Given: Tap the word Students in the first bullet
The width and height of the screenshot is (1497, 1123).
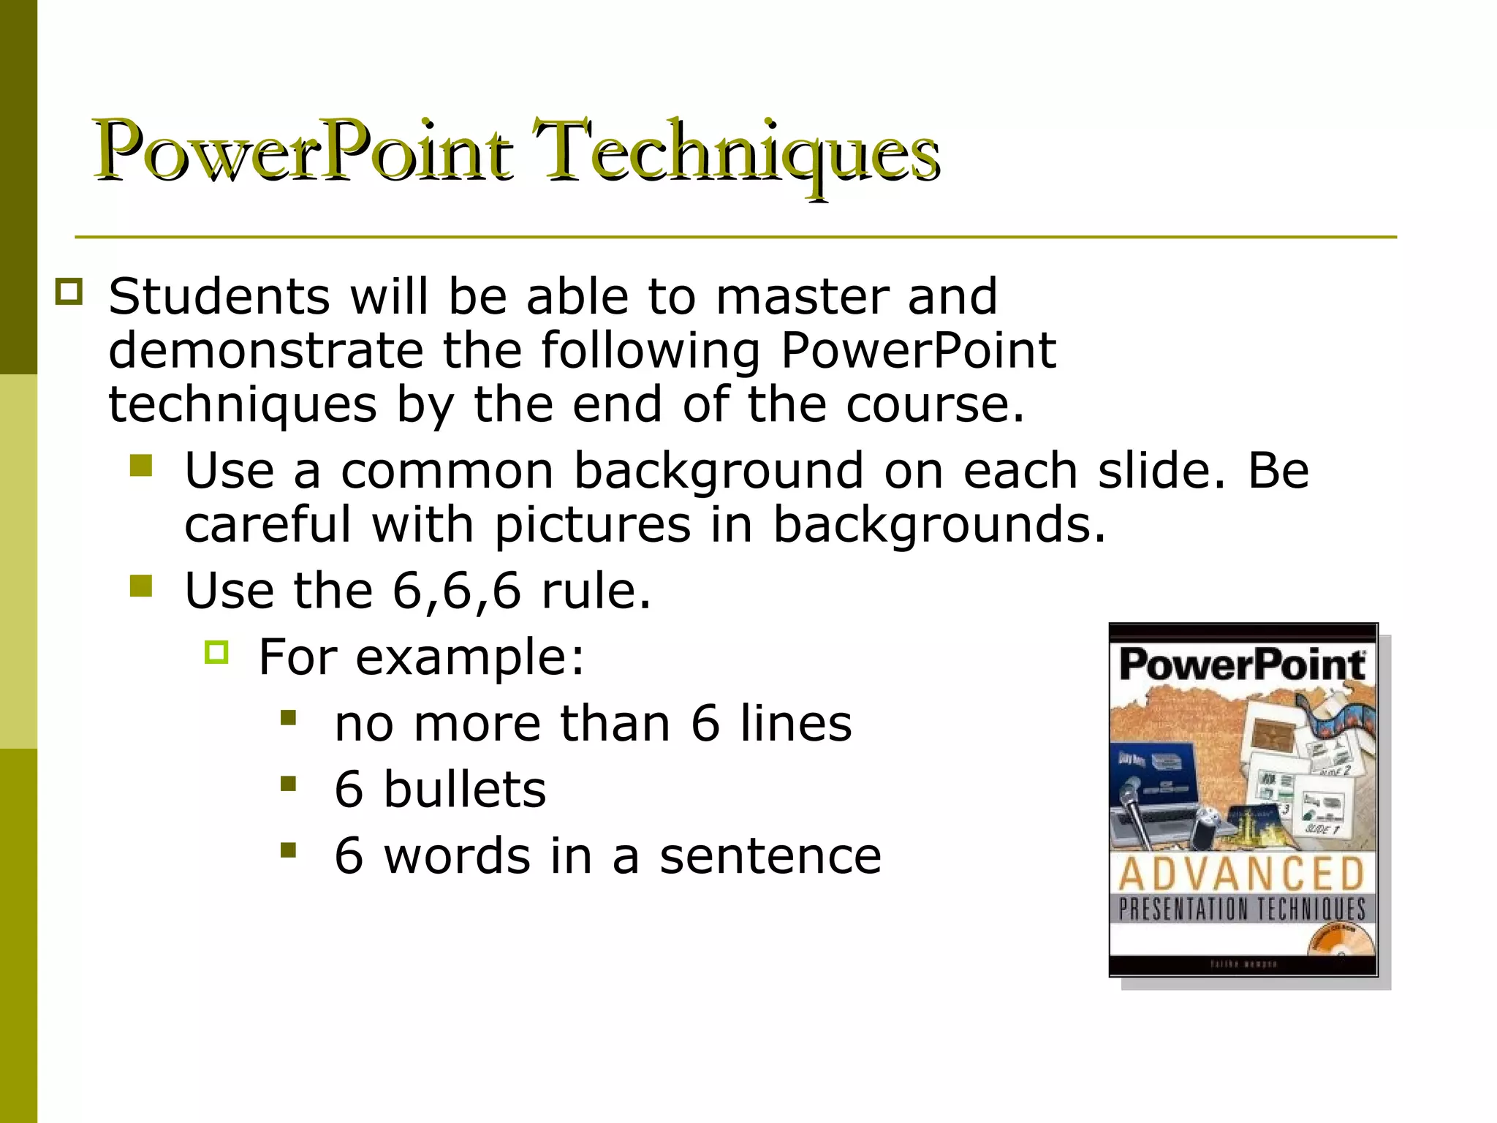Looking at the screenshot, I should coord(219,297).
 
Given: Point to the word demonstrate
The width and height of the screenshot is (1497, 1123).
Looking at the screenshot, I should coord(266,351).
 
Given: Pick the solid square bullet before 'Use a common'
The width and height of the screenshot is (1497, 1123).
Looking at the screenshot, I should coord(141,466).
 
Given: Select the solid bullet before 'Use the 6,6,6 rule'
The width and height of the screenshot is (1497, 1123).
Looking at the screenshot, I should coord(141,586).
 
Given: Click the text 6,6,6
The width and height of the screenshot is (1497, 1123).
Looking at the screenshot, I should coord(457,591).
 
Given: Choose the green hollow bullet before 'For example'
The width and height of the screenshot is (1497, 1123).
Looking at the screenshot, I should coord(217,651).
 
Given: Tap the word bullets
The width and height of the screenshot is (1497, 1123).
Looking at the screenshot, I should coord(464,790).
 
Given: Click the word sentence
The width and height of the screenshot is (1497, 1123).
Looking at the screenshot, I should coord(770,856).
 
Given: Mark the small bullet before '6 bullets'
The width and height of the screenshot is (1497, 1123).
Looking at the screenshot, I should coord(289,784).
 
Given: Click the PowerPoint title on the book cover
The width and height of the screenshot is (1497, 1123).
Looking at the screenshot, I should coord(1242,664).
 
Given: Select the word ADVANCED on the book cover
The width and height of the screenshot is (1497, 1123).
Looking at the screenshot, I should coord(1242,874).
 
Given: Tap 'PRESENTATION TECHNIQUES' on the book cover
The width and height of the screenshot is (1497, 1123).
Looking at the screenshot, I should coord(1242,910).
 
